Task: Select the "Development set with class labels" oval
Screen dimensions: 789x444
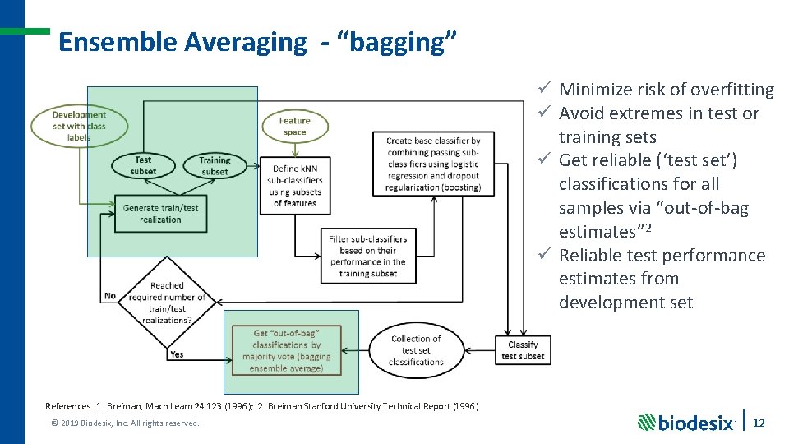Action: [x=80, y=126]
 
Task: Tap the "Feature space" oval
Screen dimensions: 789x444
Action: [x=294, y=126]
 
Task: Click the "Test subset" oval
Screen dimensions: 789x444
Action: [x=143, y=166]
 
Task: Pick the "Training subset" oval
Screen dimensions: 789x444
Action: [x=215, y=166]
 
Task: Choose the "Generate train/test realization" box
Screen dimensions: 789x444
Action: [x=160, y=214]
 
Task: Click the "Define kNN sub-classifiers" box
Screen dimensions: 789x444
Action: [x=295, y=185]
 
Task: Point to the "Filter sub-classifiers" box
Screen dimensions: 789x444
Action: [x=367, y=256]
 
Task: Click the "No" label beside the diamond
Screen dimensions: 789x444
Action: [x=110, y=296]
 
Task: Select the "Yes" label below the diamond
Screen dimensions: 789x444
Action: [x=176, y=354]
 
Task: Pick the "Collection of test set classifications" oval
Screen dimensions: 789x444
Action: [x=416, y=350]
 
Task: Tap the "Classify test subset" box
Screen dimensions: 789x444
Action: [x=523, y=350]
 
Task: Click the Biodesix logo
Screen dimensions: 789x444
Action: [x=686, y=422]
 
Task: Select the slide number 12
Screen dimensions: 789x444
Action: [x=759, y=422]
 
